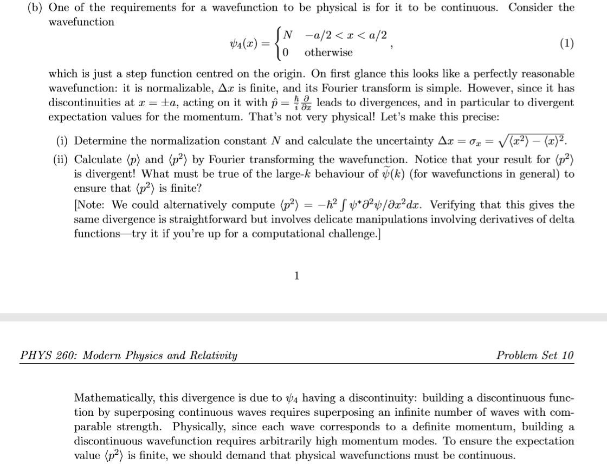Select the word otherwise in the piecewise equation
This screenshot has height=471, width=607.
tap(328, 53)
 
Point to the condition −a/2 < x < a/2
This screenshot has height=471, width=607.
tap(346, 35)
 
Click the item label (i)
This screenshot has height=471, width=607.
tap(63, 141)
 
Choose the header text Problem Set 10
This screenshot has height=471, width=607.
tap(535, 356)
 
